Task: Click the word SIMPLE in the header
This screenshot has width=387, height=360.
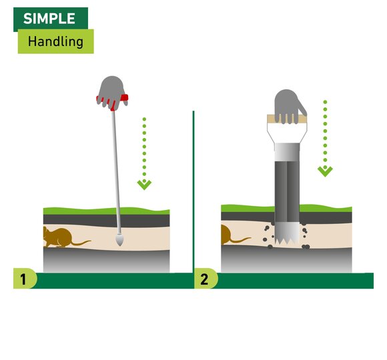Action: pyautogui.click(x=49, y=19)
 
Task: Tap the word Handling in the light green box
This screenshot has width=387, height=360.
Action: pyautogui.click(x=55, y=41)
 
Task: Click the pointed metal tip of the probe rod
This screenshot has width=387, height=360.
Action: pyautogui.click(x=119, y=240)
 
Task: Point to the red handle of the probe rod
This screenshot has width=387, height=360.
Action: pyautogui.click(x=113, y=100)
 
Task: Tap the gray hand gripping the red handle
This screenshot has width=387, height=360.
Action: pyautogui.click(x=112, y=92)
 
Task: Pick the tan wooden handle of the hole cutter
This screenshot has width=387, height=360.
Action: pyautogui.click(x=287, y=119)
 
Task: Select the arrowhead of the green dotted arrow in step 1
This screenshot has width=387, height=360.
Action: pyautogui.click(x=144, y=185)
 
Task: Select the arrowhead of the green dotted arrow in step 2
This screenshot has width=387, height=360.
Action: pyautogui.click(x=325, y=171)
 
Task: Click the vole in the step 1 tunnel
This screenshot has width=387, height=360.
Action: pyautogui.click(x=59, y=237)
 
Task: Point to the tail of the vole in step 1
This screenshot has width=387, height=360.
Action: pyautogui.click(x=81, y=243)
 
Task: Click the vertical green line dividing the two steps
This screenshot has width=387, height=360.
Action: pyautogui.click(x=193, y=192)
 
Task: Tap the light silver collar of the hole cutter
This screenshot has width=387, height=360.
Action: pyautogui.click(x=288, y=152)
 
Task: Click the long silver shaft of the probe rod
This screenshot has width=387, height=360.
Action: pyautogui.click(x=117, y=173)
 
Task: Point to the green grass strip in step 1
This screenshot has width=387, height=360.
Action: pyautogui.click(x=106, y=211)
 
